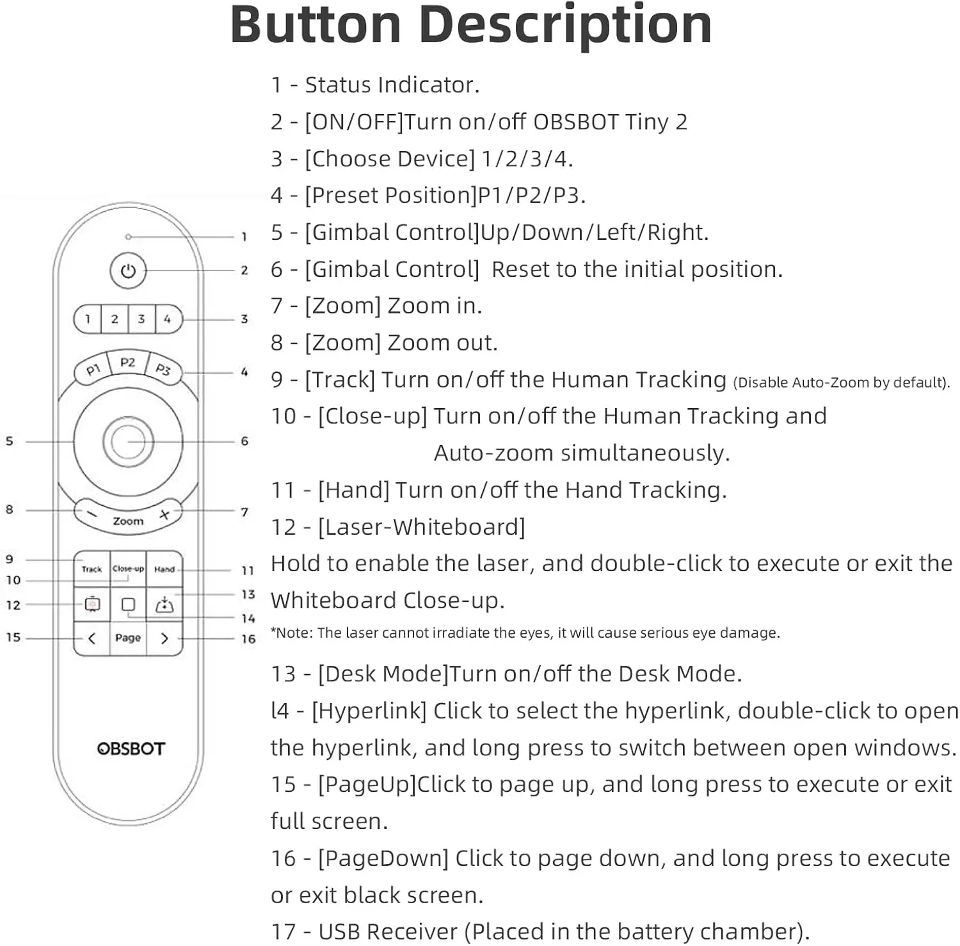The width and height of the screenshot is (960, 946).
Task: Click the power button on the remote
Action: pos(128,271)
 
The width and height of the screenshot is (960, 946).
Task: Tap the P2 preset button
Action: pos(128,362)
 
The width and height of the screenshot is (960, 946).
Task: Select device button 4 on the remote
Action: pos(168,319)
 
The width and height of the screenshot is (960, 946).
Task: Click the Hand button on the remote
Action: pos(164,569)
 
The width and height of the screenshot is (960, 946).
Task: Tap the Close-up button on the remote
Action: pos(128,569)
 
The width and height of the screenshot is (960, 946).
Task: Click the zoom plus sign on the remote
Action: pos(164,514)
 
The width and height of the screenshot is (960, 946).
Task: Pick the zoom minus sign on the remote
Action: pos(92,514)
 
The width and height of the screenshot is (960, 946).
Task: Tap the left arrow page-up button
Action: pos(92,638)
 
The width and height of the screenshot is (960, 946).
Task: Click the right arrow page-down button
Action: pos(164,638)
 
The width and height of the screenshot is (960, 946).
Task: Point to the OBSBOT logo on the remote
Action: pos(131,748)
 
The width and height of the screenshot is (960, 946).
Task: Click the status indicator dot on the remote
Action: pos(128,237)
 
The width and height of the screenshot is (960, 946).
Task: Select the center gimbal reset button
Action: pos(128,441)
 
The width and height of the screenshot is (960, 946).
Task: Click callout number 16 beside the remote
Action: pos(248,638)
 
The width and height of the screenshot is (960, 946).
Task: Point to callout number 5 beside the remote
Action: pos(9,441)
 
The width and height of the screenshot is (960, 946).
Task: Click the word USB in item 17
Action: pos(339,931)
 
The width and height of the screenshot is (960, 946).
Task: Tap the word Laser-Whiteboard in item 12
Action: pos(421,527)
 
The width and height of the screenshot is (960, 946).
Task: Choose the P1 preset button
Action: pos(93,370)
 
